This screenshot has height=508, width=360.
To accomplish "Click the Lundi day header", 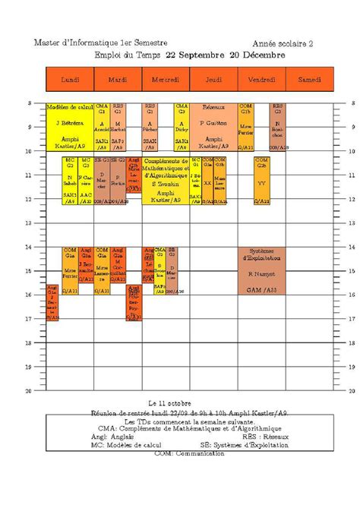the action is click(x=70, y=79).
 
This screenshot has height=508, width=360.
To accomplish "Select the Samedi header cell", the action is click(x=309, y=79).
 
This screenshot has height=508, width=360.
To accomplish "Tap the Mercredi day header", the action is click(x=166, y=79).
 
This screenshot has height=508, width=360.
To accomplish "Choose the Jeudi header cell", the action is click(x=213, y=79).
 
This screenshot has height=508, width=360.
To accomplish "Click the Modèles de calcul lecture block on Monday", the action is click(x=69, y=126).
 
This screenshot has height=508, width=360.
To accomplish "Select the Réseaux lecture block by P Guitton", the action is click(x=213, y=126).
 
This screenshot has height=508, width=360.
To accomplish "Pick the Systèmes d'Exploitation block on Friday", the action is click(x=261, y=270).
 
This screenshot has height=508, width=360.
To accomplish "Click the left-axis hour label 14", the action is click(x=30, y=247).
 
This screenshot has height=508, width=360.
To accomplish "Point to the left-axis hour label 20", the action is click(x=30, y=391).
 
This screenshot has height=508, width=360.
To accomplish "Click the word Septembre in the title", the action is click(x=201, y=55).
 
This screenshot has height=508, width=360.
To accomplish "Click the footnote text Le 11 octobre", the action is click(x=170, y=403).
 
